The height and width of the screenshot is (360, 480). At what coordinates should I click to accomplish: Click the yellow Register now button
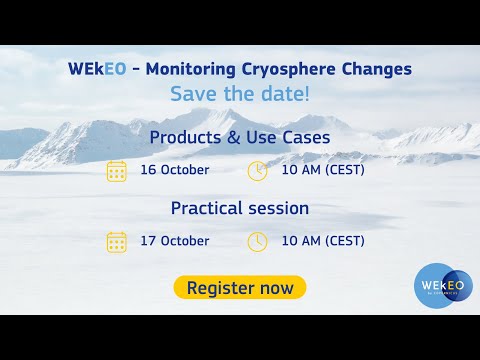point(240,287)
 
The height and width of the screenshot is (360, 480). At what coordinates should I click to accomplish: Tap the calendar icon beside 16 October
point(117,171)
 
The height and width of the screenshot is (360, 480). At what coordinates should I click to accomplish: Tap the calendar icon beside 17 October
point(117,242)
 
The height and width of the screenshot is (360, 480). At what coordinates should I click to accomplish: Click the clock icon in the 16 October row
point(257,171)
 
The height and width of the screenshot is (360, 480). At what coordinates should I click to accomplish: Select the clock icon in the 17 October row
point(257,242)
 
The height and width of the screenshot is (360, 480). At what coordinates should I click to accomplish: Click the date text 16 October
point(175,170)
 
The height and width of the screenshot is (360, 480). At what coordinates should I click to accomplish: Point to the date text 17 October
point(175,241)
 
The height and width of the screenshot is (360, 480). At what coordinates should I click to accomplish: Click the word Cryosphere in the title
point(288,69)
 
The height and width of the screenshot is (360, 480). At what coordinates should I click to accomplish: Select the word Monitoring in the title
point(191,69)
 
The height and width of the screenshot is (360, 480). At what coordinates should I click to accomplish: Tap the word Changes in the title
point(377,69)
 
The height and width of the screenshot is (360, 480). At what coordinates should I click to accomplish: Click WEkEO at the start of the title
point(97,69)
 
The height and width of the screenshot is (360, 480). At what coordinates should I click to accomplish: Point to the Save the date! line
point(240,94)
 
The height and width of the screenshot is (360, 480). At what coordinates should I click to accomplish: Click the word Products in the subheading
point(185,137)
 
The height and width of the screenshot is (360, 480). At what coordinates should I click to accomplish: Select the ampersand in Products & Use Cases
point(234,138)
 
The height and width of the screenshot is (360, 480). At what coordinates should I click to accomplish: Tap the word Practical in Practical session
point(207,208)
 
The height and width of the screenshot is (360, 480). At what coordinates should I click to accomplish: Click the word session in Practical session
point(279,209)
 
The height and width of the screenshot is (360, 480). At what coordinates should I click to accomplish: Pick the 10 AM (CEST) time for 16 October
point(323,170)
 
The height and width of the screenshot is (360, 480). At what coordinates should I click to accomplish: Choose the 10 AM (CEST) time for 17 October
point(323,241)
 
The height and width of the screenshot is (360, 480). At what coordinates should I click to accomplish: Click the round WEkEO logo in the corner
point(443,286)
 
